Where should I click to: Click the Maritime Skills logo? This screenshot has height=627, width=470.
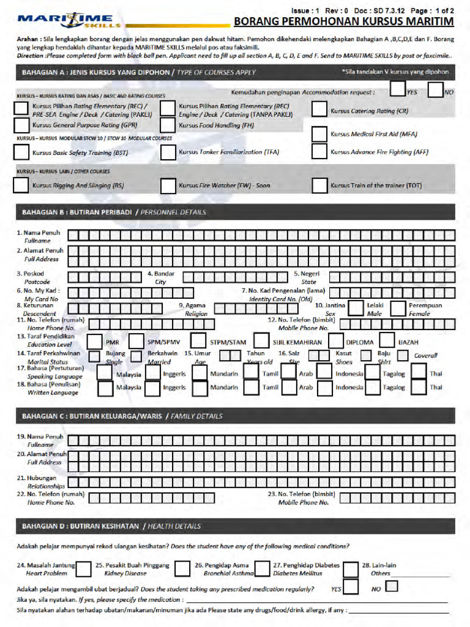click(x=68, y=21)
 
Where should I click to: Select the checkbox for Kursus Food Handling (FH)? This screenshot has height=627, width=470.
click(x=168, y=125)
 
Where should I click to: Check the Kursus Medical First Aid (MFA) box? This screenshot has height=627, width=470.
click(x=319, y=134)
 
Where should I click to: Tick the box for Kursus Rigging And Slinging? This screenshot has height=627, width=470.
click(x=21, y=185)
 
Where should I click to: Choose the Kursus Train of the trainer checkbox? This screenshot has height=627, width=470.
click(x=319, y=185)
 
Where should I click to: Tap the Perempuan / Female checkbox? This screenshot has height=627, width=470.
click(x=398, y=308)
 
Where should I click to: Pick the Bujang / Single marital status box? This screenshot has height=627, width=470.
click(x=95, y=356)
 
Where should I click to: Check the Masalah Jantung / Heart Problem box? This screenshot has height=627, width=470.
click(x=84, y=569)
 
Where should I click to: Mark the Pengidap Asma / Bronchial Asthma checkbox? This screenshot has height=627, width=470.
click(x=263, y=569)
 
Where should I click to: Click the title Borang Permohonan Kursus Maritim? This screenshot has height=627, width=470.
click(x=344, y=22)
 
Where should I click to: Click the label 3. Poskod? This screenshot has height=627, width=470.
click(x=31, y=274)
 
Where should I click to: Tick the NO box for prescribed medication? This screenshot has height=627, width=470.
click(x=392, y=587)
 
